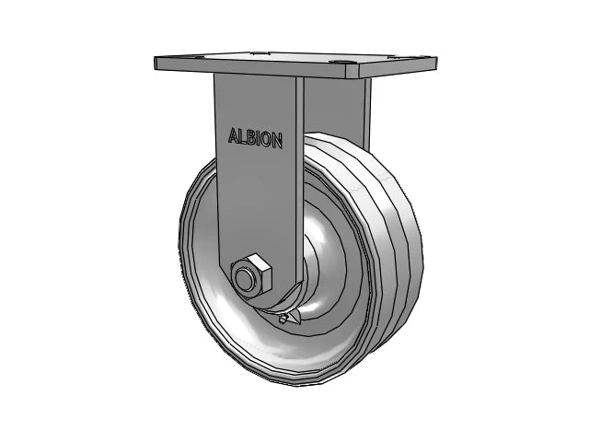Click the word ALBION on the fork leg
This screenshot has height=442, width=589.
[256, 138]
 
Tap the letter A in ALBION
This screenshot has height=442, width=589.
[233, 138]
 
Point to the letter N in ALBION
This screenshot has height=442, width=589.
[278, 139]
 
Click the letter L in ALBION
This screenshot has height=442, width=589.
[243, 138]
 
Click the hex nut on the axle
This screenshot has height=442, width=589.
[249, 275]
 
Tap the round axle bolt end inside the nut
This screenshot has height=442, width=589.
[247, 276]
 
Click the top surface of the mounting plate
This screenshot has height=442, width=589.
[294, 62]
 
